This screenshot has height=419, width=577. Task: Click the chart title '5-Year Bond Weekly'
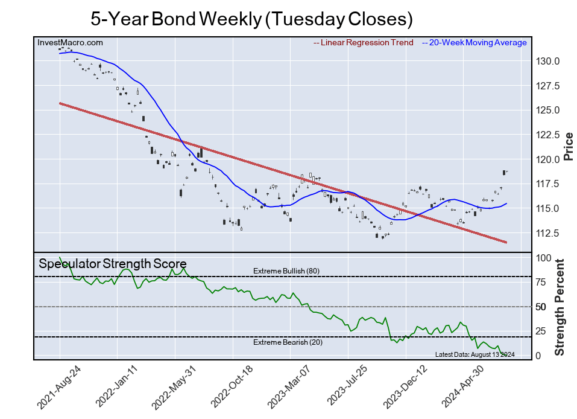pos(251,19)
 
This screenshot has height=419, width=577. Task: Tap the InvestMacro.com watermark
pos(70,42)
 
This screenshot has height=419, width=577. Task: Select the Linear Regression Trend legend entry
pos(364,42)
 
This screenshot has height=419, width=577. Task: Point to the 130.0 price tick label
pos(549,61)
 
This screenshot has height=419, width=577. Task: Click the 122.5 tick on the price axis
pos(549,135)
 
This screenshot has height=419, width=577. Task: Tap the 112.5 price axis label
pos(549,233)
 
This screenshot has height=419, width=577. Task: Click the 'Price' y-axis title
pos(568,146)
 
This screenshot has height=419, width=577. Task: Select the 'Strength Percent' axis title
pos(560,307)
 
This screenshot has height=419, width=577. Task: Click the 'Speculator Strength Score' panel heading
pos(112,263)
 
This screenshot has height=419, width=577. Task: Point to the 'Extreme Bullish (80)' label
pos(286,271)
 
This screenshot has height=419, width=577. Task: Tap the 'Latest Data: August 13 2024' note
pos(474,354)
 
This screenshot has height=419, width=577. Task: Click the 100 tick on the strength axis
pos(543,258)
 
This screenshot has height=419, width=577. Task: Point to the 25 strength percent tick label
pos(540,331)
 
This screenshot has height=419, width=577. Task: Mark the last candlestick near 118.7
pos(504,172)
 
